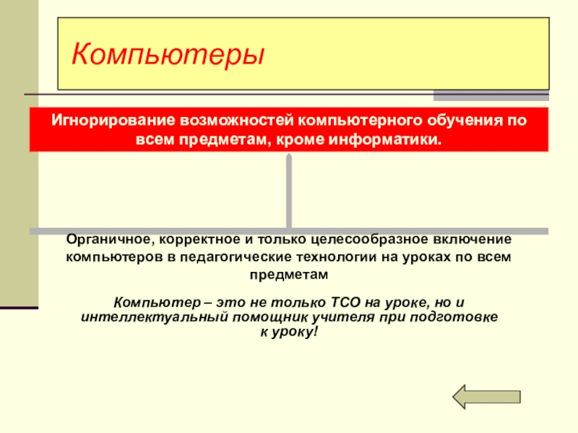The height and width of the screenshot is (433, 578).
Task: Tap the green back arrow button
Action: tap(486, 395)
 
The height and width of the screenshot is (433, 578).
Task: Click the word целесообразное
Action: tap(370, 239)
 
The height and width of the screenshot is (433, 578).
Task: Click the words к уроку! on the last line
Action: tap(288, 333)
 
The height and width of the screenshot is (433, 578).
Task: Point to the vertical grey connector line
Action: tap(289, 191)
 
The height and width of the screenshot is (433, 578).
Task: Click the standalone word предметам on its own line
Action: tap(288, 275)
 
